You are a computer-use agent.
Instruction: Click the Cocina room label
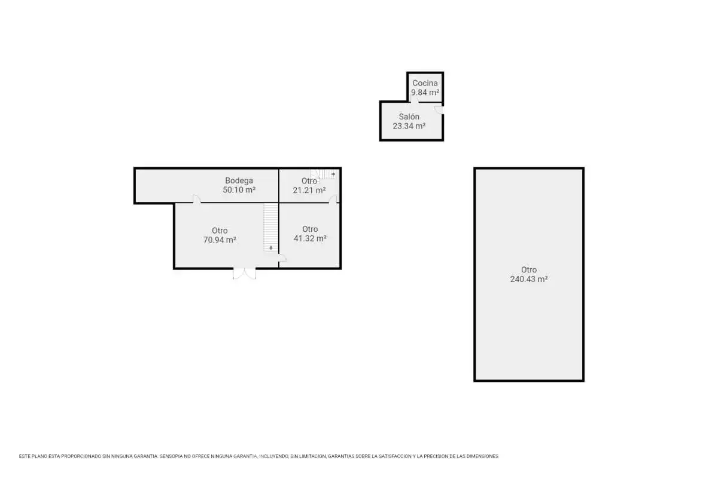click(x=425, y=83)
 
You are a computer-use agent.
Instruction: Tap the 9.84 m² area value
click(x=425, y=93)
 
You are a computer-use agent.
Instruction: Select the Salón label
click(x=409, y=117)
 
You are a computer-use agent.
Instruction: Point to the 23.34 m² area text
click(x=409, y=126)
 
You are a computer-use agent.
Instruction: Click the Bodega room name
click(x=239, y=180)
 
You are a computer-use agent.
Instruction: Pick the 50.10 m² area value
click(x=239, y=190)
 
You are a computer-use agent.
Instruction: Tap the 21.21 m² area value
click(x=309, y=191)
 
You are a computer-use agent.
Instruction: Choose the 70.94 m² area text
click(x=220, y=240)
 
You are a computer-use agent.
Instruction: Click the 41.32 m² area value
click(x=310, y=238)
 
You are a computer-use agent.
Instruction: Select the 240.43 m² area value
click(x=529, y=279)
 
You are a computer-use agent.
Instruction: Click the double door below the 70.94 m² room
click(x=245, y=273)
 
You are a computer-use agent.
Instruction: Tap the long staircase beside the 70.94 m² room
click(x=271, y=227)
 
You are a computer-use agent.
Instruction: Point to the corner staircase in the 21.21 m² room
click(x=323, y=174)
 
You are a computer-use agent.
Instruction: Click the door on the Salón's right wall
click(x=439, y=110)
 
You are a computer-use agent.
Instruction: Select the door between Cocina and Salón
click(x=415, y=99)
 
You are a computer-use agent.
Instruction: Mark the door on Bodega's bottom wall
click(x=196, y=199)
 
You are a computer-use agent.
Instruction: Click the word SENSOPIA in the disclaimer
click(x=171, y=456)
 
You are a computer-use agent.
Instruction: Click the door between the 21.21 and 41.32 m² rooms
click(x=333, y=199)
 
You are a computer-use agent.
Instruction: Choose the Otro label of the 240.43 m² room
click(x=529, y=269)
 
